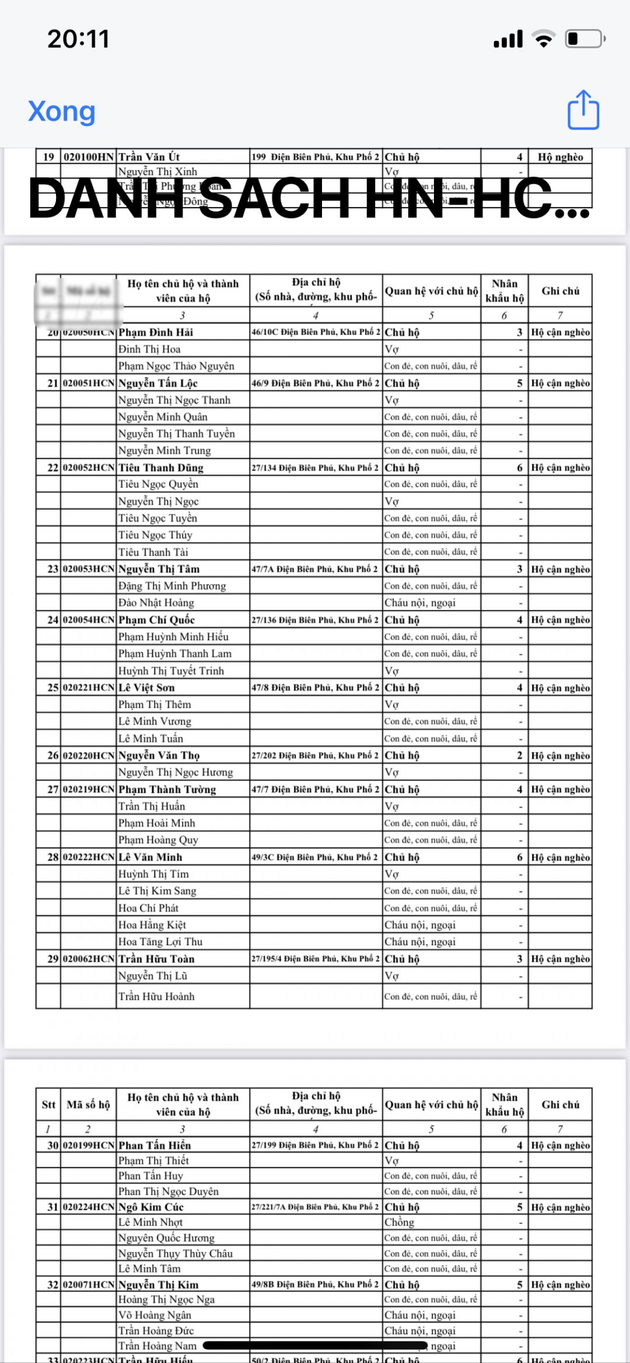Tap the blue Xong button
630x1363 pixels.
[x=62, y=111]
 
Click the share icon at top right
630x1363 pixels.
[x=583, y=110]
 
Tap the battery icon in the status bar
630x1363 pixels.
[x=585, y=39]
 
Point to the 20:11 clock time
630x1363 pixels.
[x=79, y=39]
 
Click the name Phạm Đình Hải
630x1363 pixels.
[x=156, y=332]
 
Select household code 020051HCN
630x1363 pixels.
[x=89, y=383]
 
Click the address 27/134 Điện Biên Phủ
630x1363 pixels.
[x=315, y=468]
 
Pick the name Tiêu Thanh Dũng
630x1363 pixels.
[x=161, y=468]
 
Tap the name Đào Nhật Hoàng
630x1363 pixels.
[x=156, y=603]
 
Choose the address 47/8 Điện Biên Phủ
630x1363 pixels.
[x=315, y=687]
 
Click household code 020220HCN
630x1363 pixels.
[x=89, y=756]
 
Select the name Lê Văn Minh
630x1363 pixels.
[x=150, y=857]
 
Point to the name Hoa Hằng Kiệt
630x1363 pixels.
[x=152, y=925]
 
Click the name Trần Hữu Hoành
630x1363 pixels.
[x=156, y=996]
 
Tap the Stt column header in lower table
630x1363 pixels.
[x=48, y=1105]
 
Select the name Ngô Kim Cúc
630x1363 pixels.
[x=151, y=1207]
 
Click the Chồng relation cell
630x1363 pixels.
[x=400, y=1222]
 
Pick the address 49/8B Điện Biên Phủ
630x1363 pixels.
[x=315, y=1284]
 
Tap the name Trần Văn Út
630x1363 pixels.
[x=149, y=157]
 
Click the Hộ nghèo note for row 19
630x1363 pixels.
[x=560, y=157]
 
